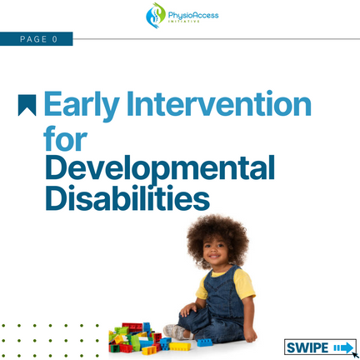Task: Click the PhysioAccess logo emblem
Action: [x=156, y=15]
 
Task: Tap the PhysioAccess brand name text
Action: [x=193, y=15]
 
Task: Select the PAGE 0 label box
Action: [x=37, y=39]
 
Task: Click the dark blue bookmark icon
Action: [x=27, y=105]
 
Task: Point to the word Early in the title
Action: [x=82, y=106]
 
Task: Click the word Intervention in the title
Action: [x=219, y=103]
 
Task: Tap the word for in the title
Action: [x=66, y=138]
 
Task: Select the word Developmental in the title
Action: [x=160, y=169]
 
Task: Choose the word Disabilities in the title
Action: [x=127, y=197]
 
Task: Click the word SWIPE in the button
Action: [x=307, y=347]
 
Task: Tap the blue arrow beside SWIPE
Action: [x=343, y=347]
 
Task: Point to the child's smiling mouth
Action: [x=214, y=257]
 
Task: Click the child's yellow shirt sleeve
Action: [x=243, y=284]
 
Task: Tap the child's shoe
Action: [x=174, y=332]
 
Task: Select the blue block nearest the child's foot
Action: [x=205, y=342]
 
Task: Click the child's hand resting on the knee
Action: [x=188, y=309]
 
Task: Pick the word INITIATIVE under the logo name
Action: [x=184, y=22]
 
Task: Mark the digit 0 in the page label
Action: [x=55, y=39]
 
